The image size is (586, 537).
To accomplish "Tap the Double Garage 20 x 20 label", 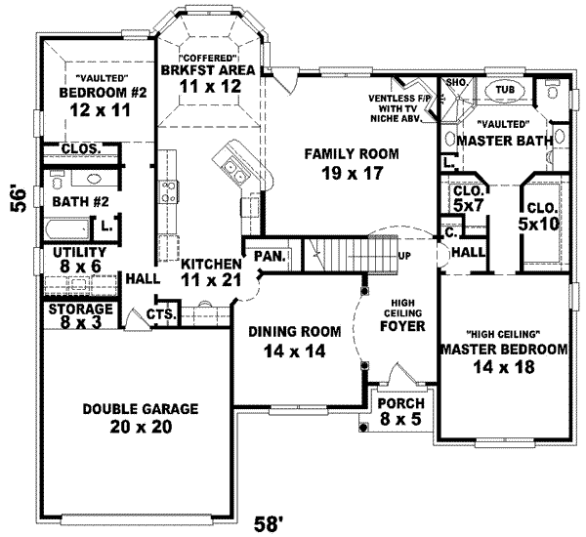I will [x=127, y=417].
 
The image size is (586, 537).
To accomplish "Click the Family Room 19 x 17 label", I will [x=339, y=164].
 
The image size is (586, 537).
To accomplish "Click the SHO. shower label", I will [x=455, y=84].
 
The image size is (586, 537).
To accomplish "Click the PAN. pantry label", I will [x=268, y=257].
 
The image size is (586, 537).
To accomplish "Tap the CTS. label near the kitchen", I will [x=160, y=314].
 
